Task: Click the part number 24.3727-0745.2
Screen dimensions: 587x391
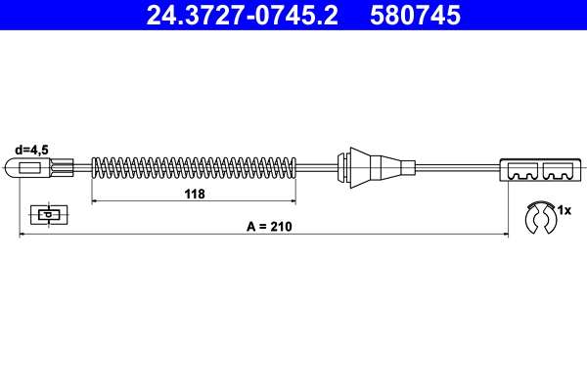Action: point(242,15)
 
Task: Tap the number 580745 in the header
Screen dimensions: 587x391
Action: point(415,15)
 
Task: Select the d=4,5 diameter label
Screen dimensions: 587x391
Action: point(31,150)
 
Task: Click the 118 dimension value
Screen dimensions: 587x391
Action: point(195,194)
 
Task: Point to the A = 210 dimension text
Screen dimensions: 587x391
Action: point(269,227)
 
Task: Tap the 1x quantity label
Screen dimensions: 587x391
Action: point(564,210)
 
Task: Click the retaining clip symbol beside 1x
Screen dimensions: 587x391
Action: point(541,218)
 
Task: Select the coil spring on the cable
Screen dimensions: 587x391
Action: point(194,167)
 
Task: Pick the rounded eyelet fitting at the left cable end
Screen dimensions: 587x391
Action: point(28,167)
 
